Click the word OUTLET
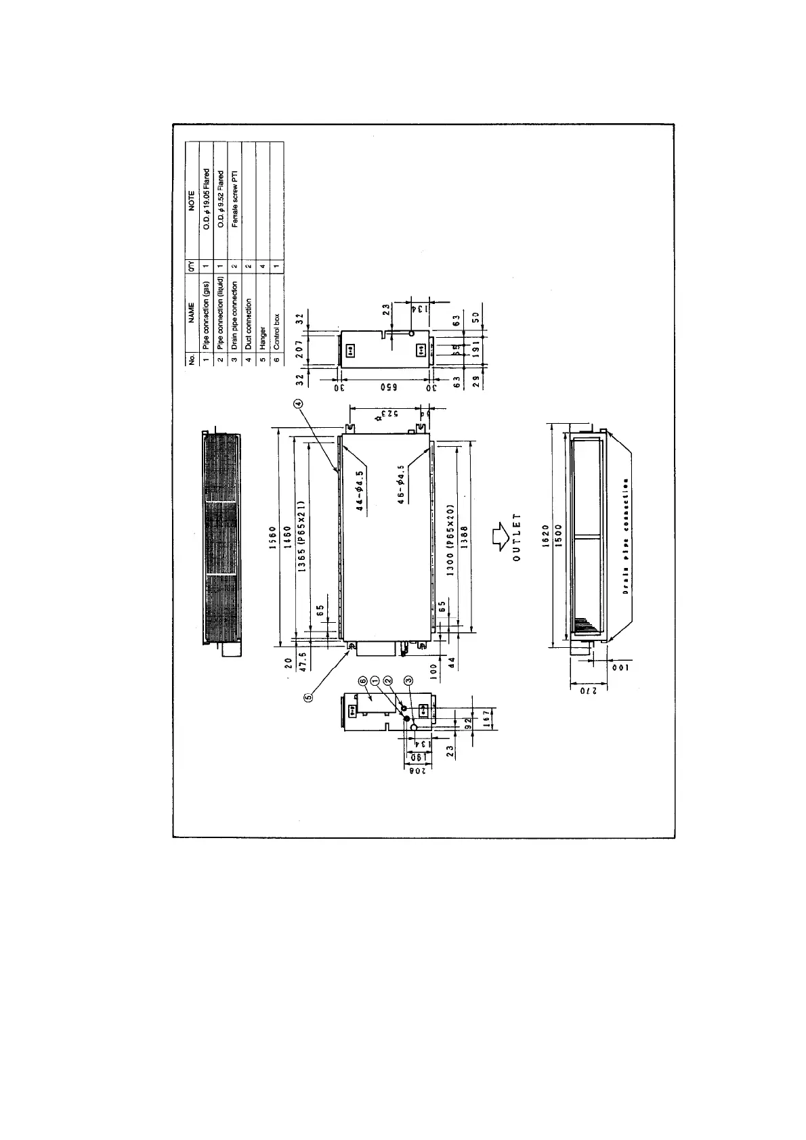click(517, 542)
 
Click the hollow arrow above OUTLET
click(501, 536)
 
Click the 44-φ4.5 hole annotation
click(360, 491)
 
